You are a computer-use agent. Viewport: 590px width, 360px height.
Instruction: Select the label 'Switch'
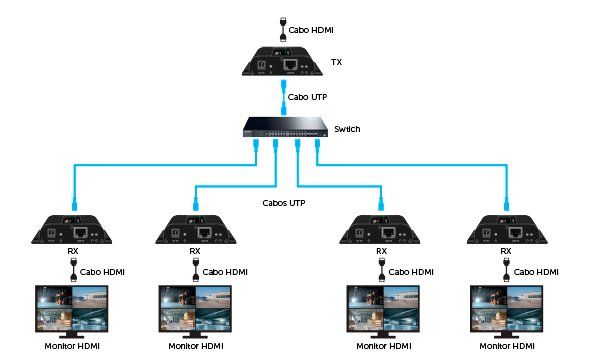click(x=347, y=129)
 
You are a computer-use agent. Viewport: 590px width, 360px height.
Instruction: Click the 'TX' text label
click(x=335, y=62)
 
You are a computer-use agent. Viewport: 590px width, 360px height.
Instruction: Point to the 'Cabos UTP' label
click(x=282, y=203)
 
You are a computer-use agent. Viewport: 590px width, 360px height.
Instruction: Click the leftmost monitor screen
click(x=73, y=309)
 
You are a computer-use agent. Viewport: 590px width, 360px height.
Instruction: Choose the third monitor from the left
click(x=381, y=309)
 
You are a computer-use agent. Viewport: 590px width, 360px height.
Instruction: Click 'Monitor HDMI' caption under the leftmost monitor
click(x=73, y=347)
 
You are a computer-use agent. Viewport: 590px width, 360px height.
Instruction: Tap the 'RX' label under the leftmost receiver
click(x=73, y=252)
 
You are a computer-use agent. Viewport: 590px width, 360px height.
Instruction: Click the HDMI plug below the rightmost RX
click(x=506, y=270)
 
